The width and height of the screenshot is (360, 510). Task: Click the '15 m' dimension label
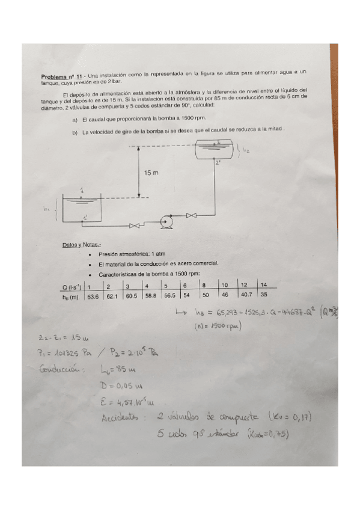click(151, 173)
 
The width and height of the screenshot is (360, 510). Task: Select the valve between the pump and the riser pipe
click(192, 215)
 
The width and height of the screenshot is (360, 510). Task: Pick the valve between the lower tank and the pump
click(136, 226)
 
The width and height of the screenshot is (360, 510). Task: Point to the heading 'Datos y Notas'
click(82, 245)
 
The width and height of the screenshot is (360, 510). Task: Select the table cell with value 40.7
click(246, 295)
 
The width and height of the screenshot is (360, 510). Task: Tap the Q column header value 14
click(264, 284)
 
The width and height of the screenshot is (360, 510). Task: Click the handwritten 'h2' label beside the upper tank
click(246, 151)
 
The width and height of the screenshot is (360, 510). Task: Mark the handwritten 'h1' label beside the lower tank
click(47, 210)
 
